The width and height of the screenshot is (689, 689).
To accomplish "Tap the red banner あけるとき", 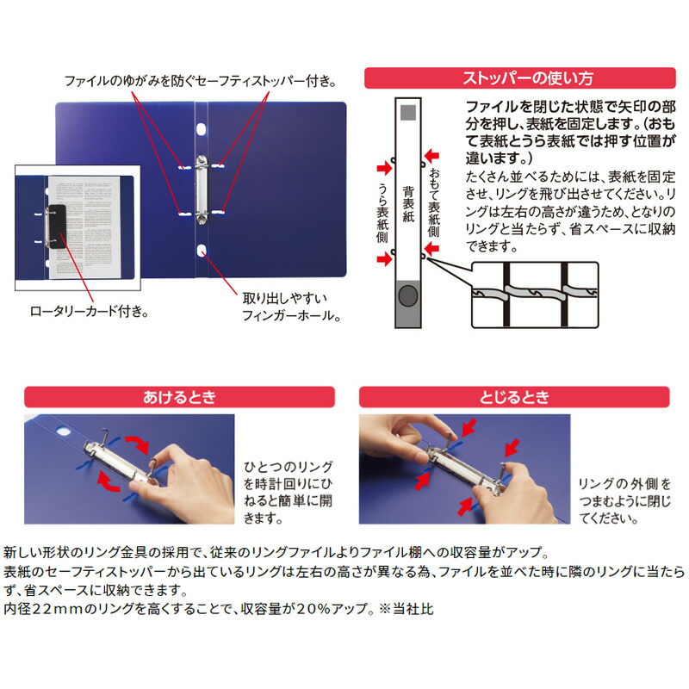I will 180,397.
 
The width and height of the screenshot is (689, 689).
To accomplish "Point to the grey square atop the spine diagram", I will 409,112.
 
